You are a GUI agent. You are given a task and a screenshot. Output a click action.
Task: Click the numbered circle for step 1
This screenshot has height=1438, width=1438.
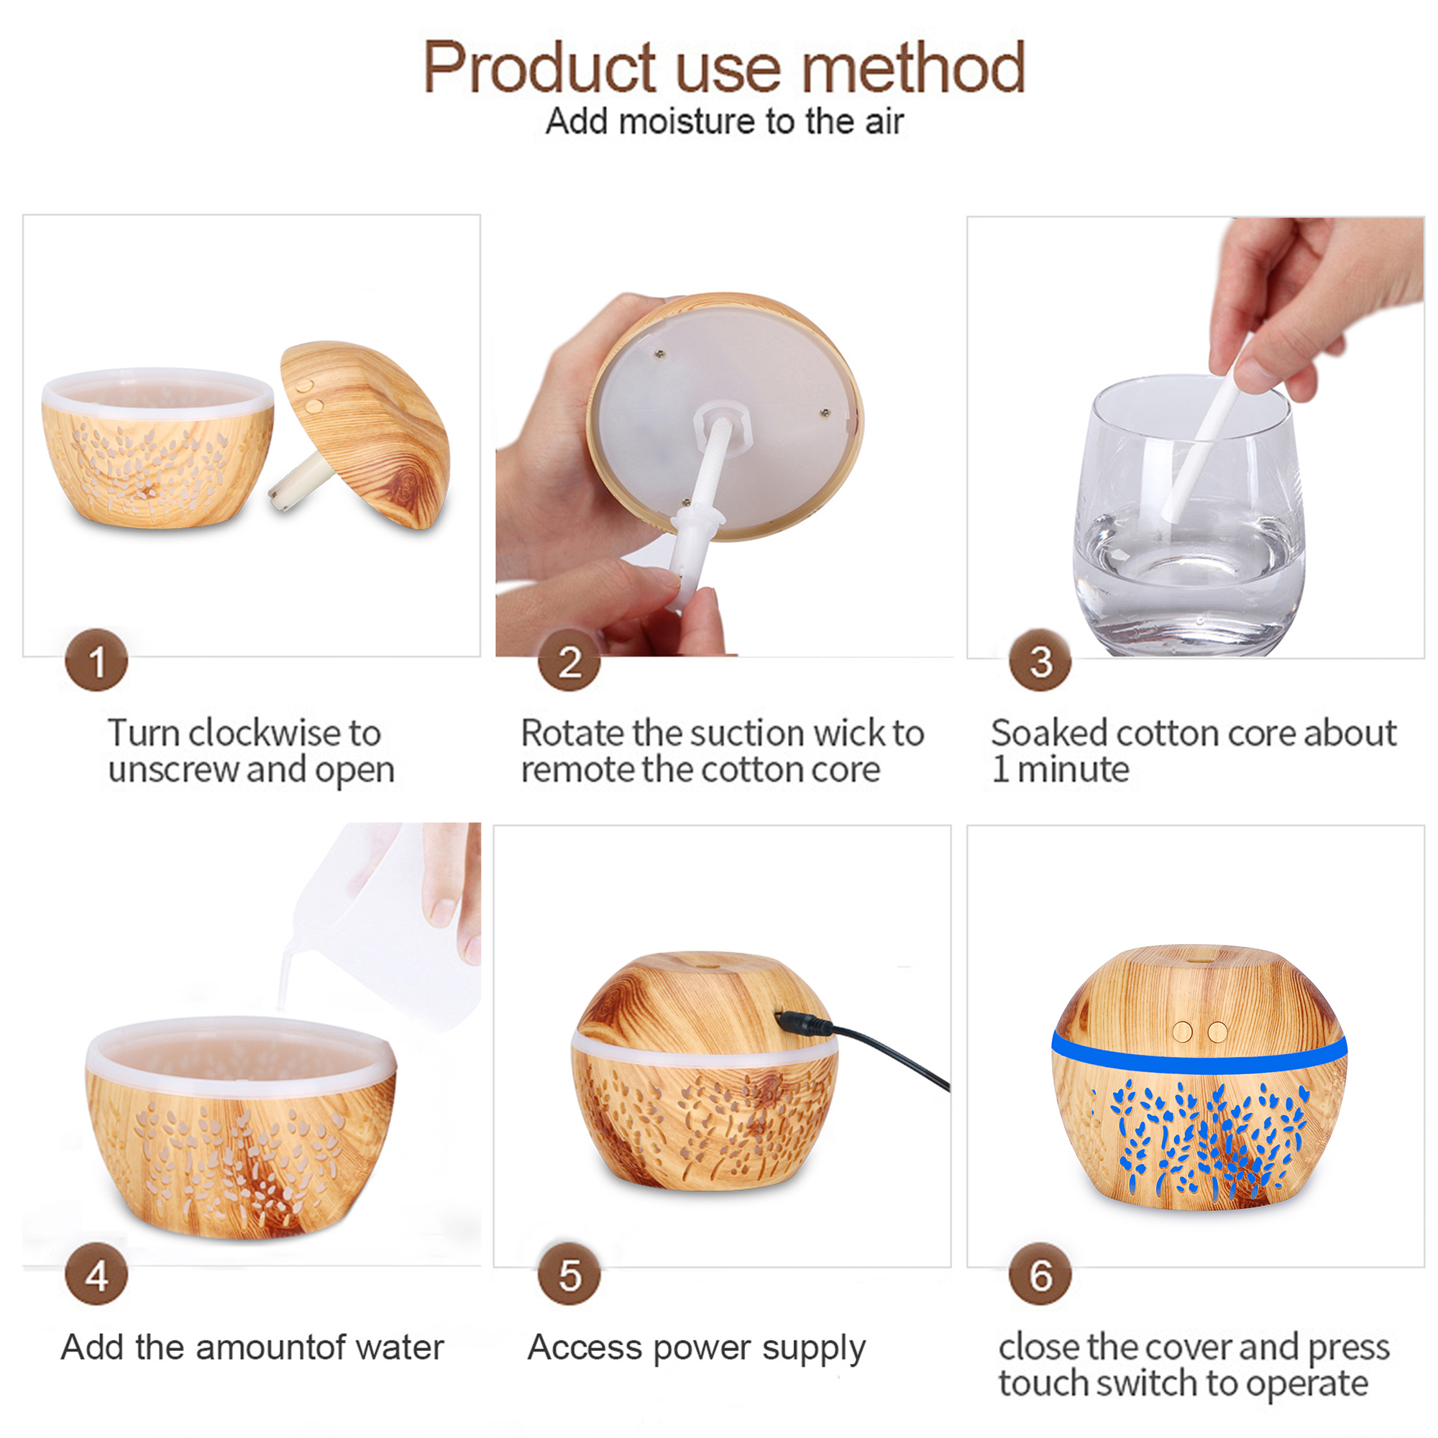[x=97, y=660]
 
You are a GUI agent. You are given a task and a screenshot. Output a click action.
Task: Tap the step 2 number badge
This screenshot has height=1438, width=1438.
[x=569, y=660]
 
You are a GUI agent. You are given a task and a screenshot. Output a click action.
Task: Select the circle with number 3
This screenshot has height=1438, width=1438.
[x=1040, y=660]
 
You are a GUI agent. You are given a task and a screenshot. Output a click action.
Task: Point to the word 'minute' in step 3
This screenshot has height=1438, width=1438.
[x=1073, y=769]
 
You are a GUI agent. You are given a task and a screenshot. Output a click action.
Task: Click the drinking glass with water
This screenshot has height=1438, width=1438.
[x=1189, y=515]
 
